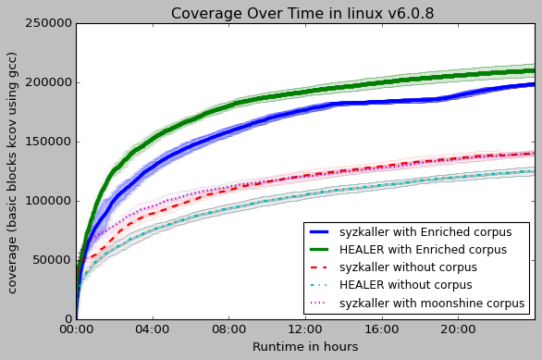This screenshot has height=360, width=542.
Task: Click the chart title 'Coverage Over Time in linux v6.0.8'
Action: click(x=302, y=13)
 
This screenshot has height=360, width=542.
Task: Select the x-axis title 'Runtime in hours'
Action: click(x=304, y=347)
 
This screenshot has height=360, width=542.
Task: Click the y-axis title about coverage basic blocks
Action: click(x=13, y=172)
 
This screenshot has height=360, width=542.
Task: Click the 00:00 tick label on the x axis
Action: click(x=76, y=329)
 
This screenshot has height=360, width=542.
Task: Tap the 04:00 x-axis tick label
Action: click(x=153, y=329)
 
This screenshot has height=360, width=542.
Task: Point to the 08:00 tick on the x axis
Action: click(x=228, y=329)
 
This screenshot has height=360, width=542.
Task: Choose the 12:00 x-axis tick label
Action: click(x=305, y=329)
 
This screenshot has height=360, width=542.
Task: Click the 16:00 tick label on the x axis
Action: click(x=382, y=329)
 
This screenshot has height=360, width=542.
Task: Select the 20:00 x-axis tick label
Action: click(x=459, y=329)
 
